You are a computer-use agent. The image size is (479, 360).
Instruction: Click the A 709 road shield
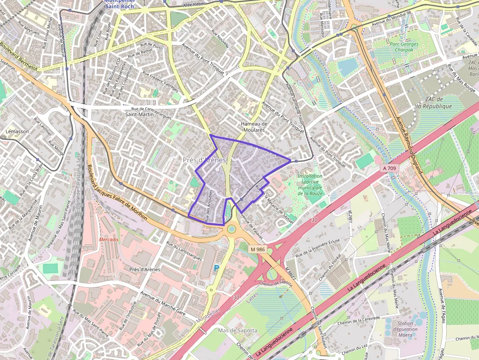[390, 168]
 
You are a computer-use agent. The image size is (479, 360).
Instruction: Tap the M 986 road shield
[257, 250]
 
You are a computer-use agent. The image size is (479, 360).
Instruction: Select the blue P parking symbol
[217, 268]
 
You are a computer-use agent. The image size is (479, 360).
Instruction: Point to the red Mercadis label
[109, 240]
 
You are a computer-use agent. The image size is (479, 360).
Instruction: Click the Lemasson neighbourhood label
[17, 131]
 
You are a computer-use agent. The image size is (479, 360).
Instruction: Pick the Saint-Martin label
[137, 114]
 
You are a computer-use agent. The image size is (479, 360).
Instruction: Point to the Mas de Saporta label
[238, 331]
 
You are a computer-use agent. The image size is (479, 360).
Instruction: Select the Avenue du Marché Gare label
[163, 303]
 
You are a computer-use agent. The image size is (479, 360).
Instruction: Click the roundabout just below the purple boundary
[231, 229]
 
